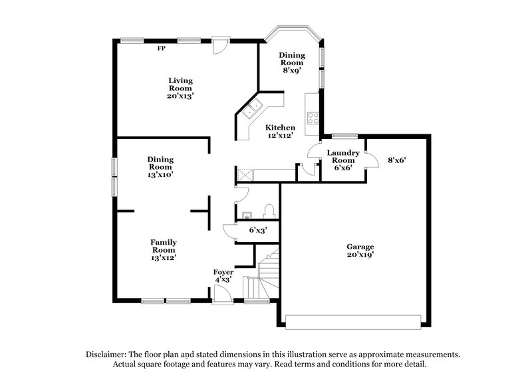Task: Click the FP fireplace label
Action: click(x=161, y=49)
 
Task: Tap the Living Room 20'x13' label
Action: click(x=180, y=88)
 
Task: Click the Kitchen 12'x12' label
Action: click(x=281, y=131)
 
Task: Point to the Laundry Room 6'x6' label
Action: click(x=344, y=160)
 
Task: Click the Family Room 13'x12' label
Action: click(x=163, y=249)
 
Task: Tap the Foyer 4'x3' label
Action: click(x=223, y=276)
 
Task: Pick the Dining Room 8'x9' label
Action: click(x=292, y=62)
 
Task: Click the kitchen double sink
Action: click(x=253, y=110)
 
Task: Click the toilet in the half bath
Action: click(x=269, y=211)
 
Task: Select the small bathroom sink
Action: click(x=246, y=215)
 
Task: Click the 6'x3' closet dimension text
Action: click(x=258, y=231)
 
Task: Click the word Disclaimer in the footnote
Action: click(x=106, y=354)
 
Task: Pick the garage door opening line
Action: click(x=352, y=321)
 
